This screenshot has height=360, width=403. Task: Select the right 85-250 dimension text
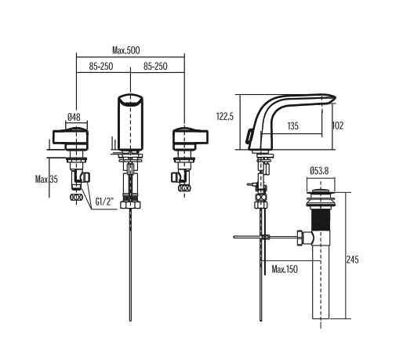click(159, 67)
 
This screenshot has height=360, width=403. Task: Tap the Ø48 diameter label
click(75, 117)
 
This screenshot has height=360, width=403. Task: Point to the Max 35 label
click(46, 179)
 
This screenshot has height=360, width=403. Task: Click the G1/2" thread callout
click(105, 202)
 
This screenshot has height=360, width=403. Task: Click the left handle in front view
click(72, 139)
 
